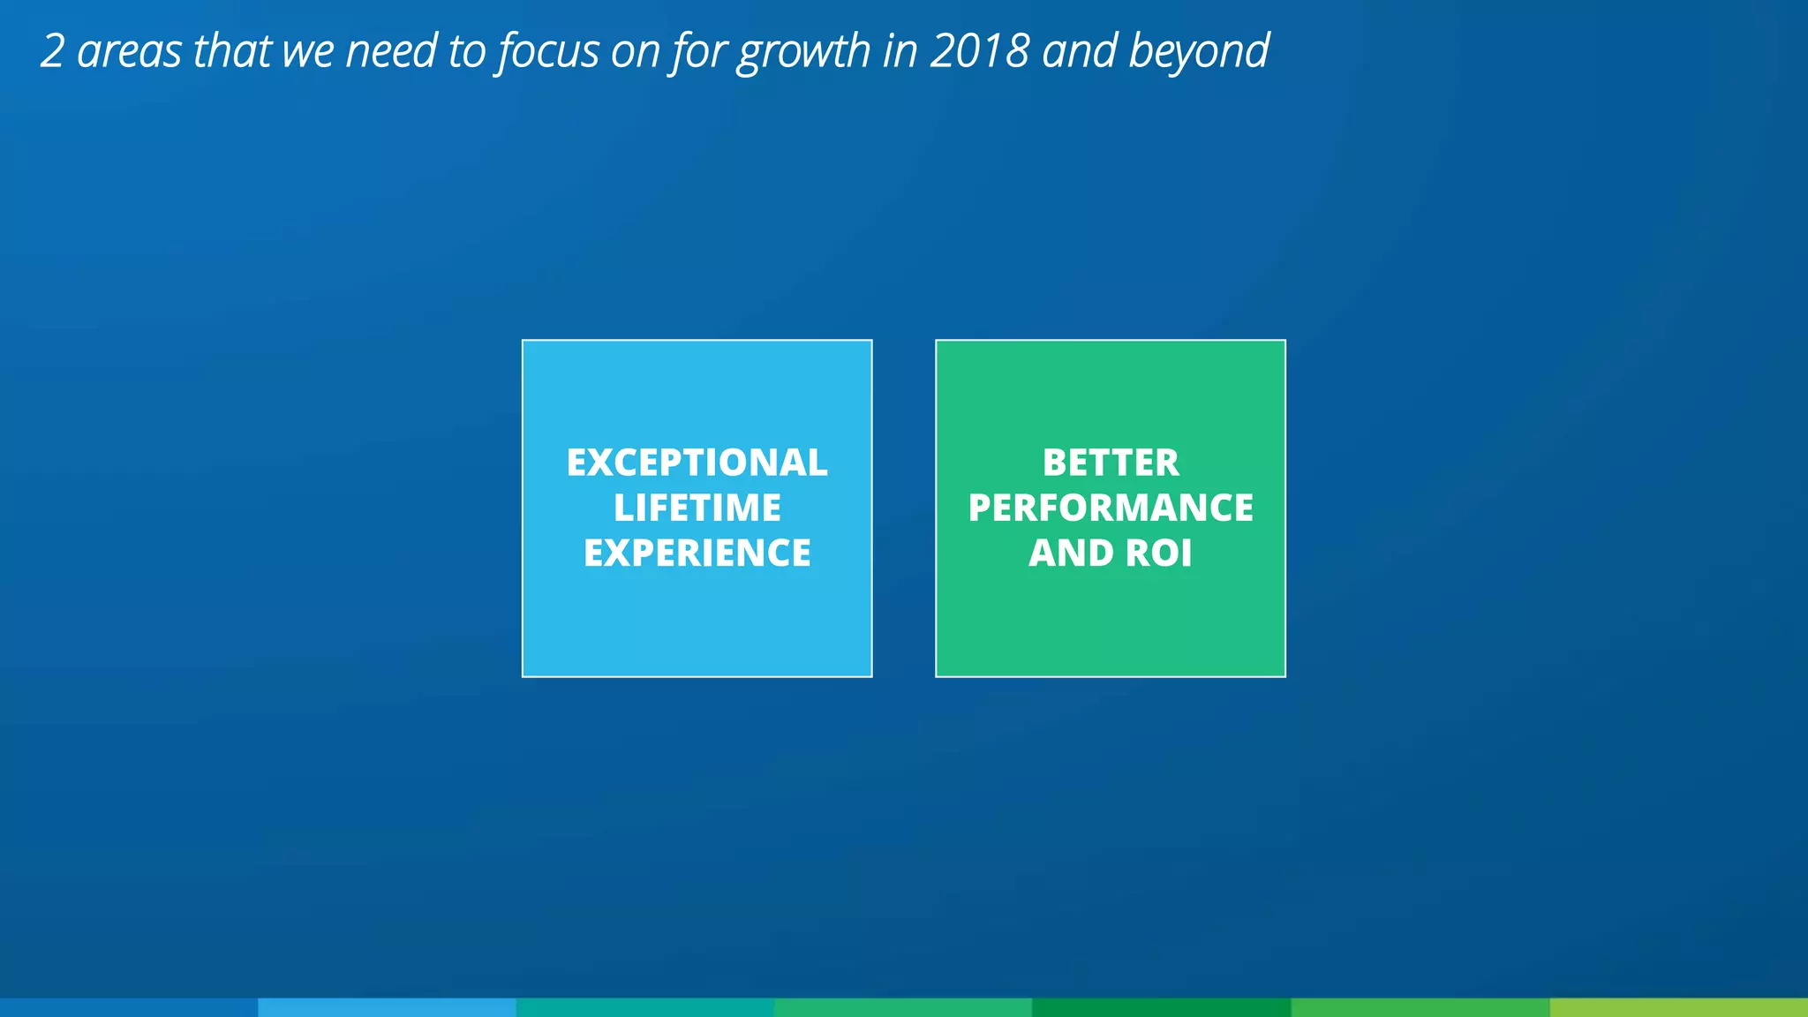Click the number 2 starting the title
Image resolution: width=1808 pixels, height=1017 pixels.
(53, 51)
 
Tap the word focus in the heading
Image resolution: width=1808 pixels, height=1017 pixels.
(548, 51)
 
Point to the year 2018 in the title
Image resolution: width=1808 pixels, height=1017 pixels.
(979, 51)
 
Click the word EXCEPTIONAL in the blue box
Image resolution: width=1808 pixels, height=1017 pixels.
(697, 463)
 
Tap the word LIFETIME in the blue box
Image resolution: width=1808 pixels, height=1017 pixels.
(697, 508)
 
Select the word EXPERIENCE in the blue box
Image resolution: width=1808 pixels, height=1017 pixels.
(697, 554)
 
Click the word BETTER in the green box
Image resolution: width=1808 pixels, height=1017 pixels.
(1110, 463)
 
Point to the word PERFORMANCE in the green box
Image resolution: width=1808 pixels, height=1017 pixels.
(1110, 508)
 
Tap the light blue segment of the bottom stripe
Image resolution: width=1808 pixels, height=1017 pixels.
(387, 1007)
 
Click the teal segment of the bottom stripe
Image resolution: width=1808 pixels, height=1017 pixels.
(644, 1007)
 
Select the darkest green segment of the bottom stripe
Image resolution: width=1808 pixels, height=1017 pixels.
(1161, 1007)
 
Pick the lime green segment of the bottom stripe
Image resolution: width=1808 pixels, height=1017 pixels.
(1678, 1007)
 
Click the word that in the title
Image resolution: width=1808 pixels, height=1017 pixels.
(232, 51)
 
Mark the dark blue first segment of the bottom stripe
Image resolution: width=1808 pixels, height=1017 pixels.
(129, 1007)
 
